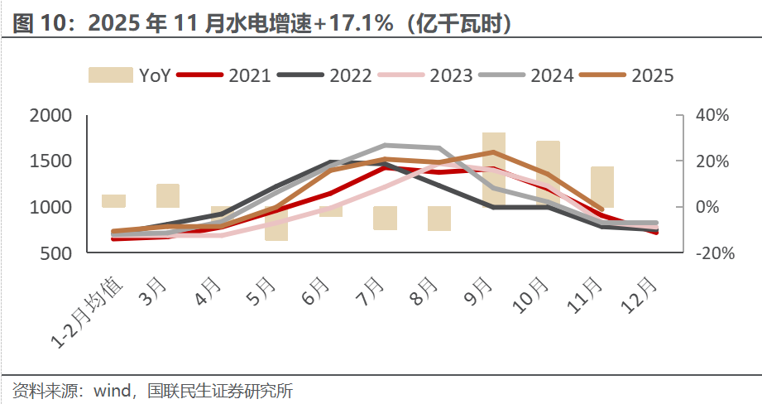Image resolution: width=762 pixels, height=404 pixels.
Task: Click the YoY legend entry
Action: [130, 75]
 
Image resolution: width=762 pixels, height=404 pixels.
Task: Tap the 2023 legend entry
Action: [427, 75]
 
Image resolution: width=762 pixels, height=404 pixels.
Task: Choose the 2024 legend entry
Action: [528, 75]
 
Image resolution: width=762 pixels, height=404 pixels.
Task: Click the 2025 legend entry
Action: [628, 75]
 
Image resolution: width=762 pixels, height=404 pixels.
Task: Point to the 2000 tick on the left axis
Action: [51, 116]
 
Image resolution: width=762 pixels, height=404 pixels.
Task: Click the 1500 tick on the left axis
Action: [51, 161]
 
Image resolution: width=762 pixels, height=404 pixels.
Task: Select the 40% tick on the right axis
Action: [712, 116]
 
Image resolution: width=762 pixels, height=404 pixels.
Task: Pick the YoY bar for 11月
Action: [602, 187]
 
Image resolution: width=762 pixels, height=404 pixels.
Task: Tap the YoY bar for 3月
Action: [168, 196]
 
